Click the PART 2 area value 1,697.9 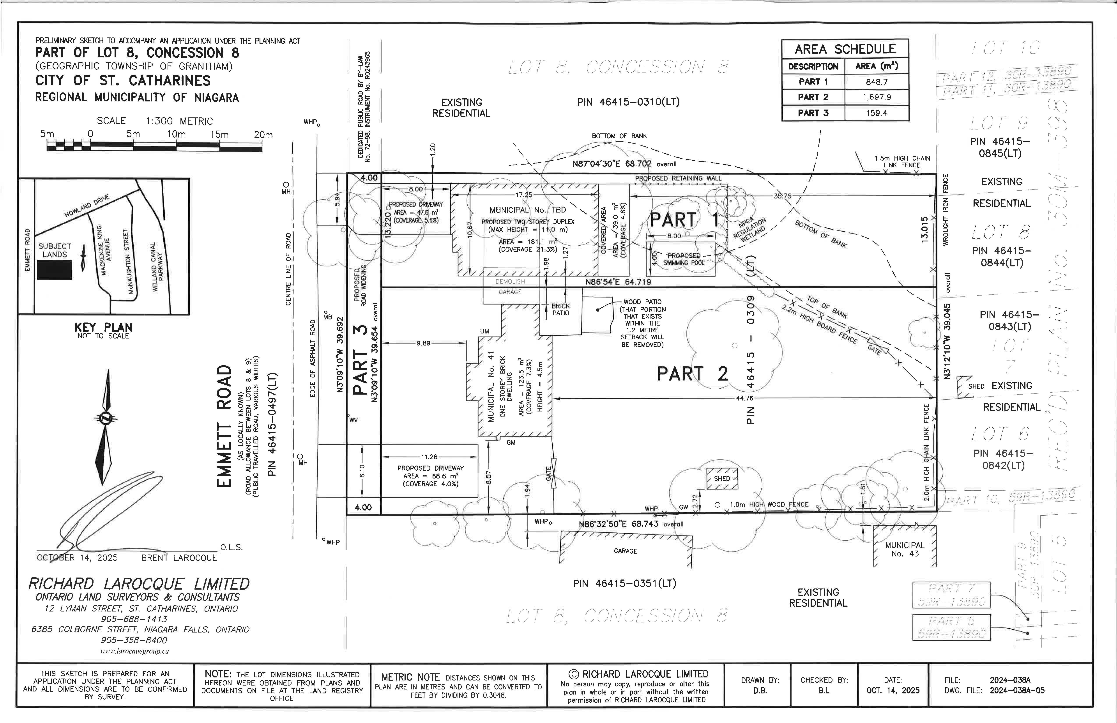tap(876, 97)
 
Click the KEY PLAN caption tap(103, 327)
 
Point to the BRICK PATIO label tap(560, 309)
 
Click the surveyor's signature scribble tap(103, 512)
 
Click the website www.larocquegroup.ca tap(135, 651)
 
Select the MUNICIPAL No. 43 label tap(904, 549)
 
